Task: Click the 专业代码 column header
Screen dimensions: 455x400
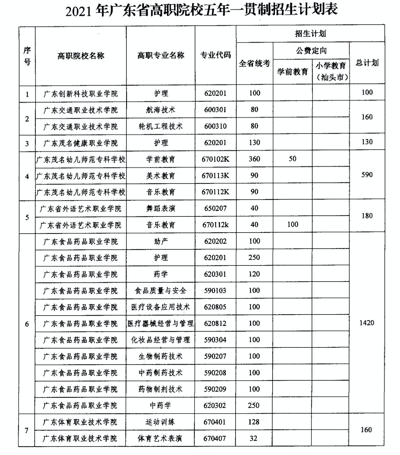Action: pyautogui.click(x=215, y=55)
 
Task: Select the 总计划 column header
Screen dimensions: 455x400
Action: pyautogui.click(x=367, y=63)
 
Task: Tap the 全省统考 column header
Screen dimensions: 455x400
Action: pyautogui.click(x=254, y=63)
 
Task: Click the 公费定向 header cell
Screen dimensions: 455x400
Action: pyautogui.click(x=311, y=51)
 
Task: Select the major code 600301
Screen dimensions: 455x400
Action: pyautogui.click(x=215, y=110)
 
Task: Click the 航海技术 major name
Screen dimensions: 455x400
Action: pyautogui.click(x=161, y=110)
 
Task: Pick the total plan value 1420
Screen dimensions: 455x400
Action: pyautogui.click(x=367, y=323)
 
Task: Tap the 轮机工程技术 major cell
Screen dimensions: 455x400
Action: pyautogui.click(x=161, y=126)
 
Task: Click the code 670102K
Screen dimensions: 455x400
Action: pyautogui.click(x=215, y=159)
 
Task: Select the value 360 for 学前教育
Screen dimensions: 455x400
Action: pyautogui.click(x=254, y=159)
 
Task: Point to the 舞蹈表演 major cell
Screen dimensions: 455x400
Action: pyautogui.click(x=161, y=208)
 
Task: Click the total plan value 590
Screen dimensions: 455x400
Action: pyautogui.click(x=367, y=175)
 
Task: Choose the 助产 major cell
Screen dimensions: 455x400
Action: pyautogui.click(x=161, y=241)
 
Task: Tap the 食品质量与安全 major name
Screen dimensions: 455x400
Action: pyautogui.click(x=161, y=291)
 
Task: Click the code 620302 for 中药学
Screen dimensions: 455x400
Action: pyautogui.click(x=215, y=406)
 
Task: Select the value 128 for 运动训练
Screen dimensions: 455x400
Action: pyautogui.click(x=254, y=422)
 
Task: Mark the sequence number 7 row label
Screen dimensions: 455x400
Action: pyautogui.click(x=27, y=430)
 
